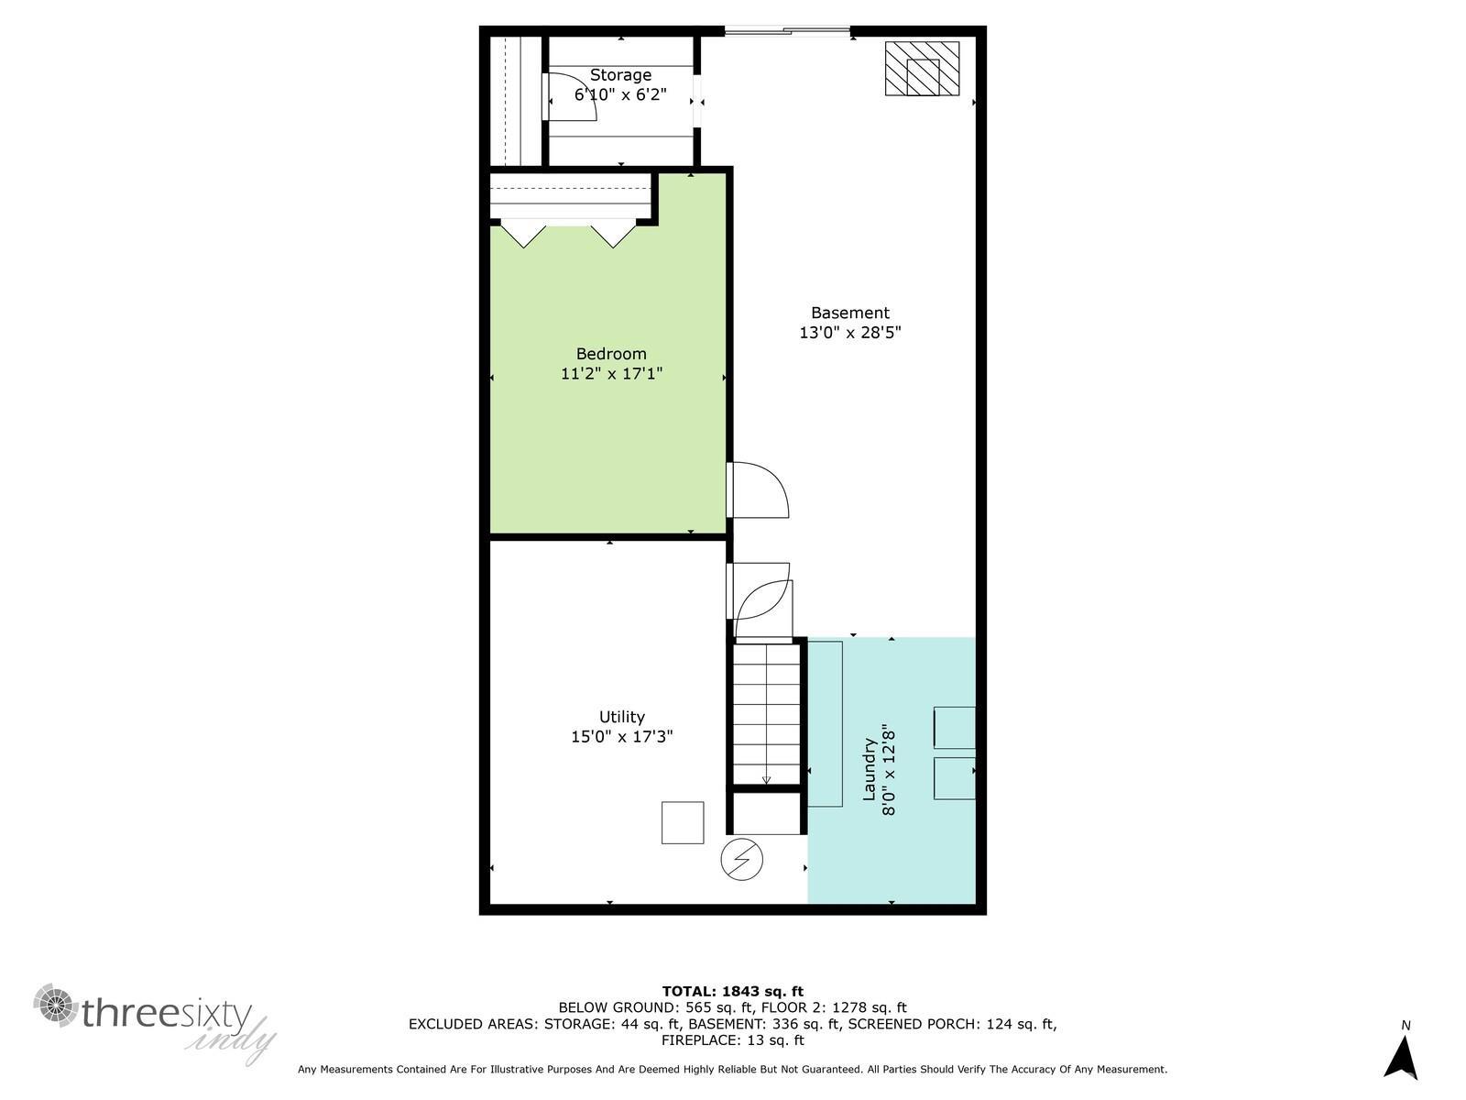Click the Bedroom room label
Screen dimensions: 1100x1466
coord(611,354)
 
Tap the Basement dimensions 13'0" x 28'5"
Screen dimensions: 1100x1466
coord(849,333)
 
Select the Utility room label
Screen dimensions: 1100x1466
coord(622,717)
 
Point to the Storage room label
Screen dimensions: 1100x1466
coord(620,75)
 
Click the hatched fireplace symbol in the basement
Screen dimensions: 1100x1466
coord(922,69)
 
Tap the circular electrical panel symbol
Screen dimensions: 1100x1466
coord(741,860)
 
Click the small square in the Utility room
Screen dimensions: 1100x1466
coord(683,822)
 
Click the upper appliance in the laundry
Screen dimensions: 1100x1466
coord(954,728)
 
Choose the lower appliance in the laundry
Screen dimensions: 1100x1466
coord(954,778)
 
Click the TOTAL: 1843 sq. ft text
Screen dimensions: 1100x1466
coord(732,991)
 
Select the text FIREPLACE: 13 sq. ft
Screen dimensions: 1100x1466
coord(732,1040)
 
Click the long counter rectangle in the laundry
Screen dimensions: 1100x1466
coord(825,724)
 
